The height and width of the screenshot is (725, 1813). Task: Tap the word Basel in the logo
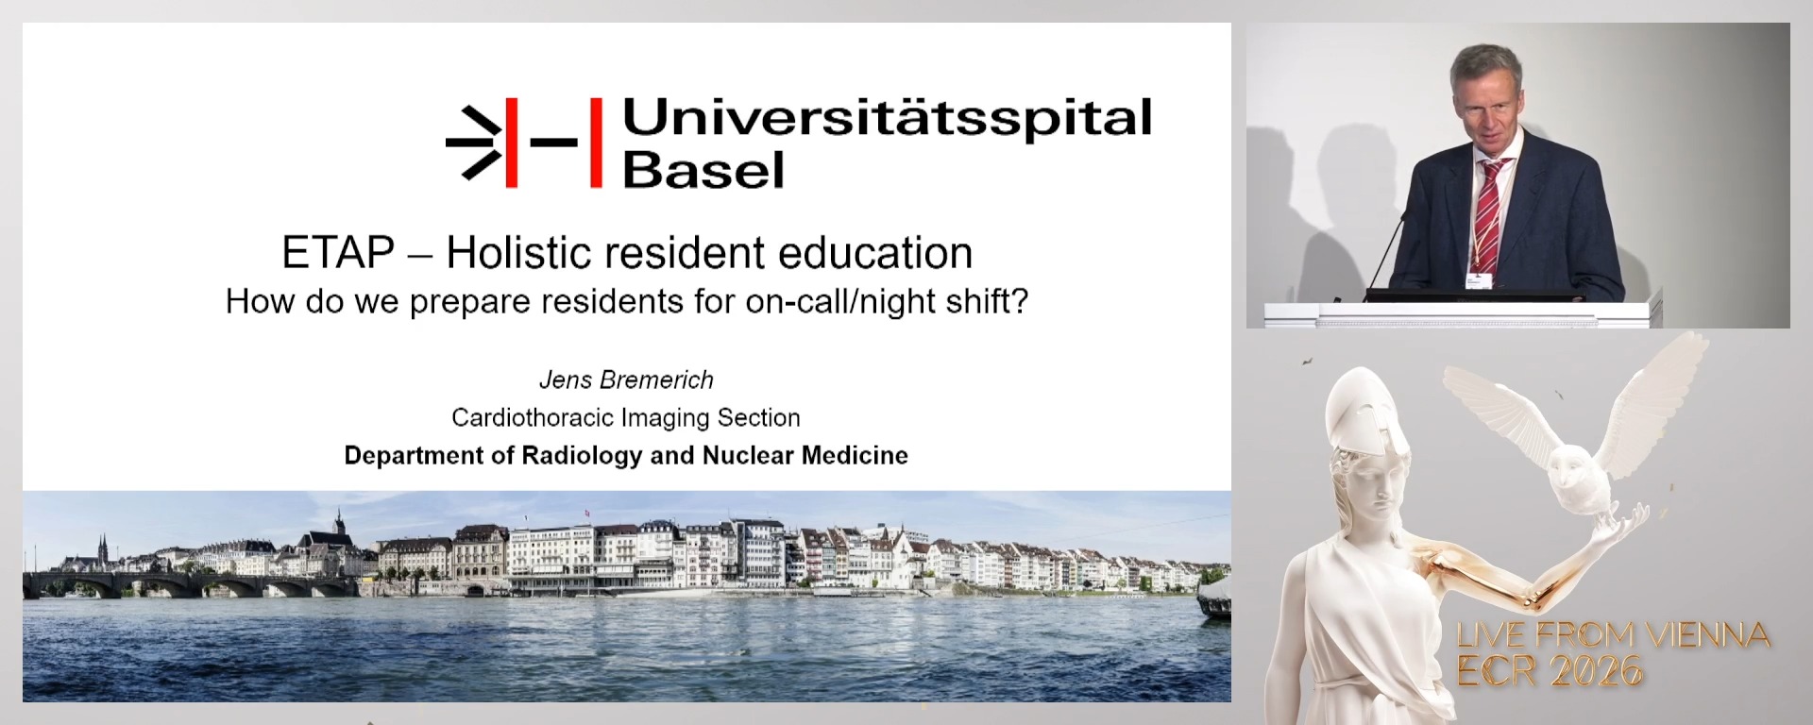(703, 170)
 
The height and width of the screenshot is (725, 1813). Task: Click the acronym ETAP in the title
(338, 253)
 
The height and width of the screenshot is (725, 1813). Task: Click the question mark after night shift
(1019, 301)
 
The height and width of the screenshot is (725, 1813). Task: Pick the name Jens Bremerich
(626, 379)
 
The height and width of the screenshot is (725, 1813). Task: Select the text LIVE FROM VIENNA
(1613, 635)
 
